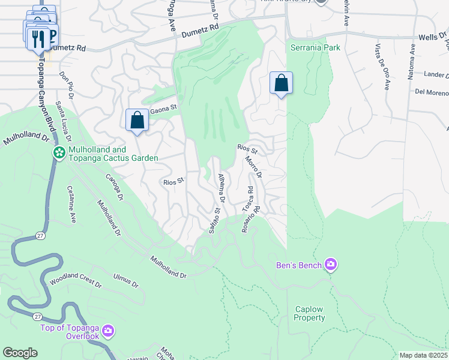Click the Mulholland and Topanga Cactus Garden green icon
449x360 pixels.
[59, 153]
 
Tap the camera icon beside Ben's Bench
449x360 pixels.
[330, 265]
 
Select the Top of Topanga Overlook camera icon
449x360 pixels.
[108, 331]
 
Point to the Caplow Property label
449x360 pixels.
[309, 314]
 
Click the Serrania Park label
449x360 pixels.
[315, 47]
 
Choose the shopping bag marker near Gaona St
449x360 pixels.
[137, 119]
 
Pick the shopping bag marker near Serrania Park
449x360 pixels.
[281, 83]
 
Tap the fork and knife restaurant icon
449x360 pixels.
[38, 40]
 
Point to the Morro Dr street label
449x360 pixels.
[253, 167]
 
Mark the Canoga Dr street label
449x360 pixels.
[114, 187]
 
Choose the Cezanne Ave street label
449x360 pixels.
[71, 204]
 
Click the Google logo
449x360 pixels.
[20, 353]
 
